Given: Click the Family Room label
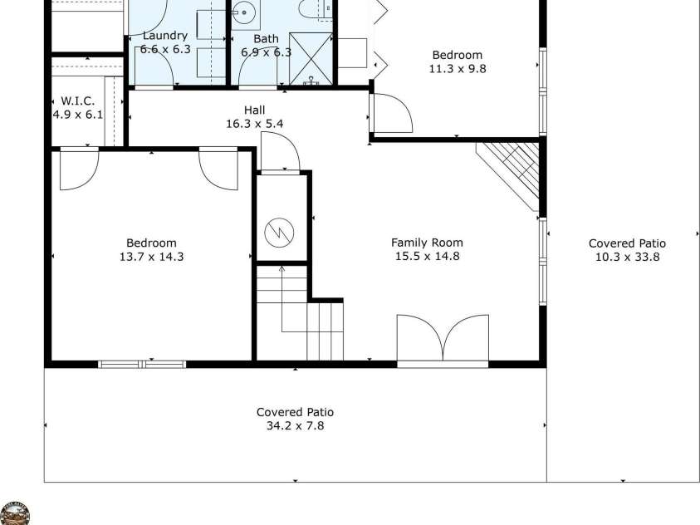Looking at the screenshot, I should pos(427,243).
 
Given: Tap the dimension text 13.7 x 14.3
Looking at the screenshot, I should pos(151,257).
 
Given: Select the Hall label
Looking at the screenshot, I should pos(255,110).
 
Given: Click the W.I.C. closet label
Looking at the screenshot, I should pos(77,101).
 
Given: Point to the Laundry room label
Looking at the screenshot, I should pos(164,36).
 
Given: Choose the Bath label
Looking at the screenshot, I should pos(266,38).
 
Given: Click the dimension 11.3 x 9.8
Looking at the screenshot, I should pos(457,69).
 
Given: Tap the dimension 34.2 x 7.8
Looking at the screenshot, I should pos(295,426).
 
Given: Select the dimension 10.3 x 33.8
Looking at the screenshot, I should pos(627,258).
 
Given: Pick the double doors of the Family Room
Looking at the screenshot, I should pos(443,339).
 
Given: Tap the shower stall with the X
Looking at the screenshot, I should pos(309,60).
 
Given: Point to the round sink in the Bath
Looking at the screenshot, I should pos(243,12).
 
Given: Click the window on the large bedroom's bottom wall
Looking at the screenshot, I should pos(142,363).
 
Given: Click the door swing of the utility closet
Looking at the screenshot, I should pos(279,154).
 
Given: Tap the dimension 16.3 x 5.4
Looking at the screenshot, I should pos(255,124).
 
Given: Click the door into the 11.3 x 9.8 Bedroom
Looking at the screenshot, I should pos(391,114).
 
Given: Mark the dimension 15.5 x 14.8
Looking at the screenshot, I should pos(427,257).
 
